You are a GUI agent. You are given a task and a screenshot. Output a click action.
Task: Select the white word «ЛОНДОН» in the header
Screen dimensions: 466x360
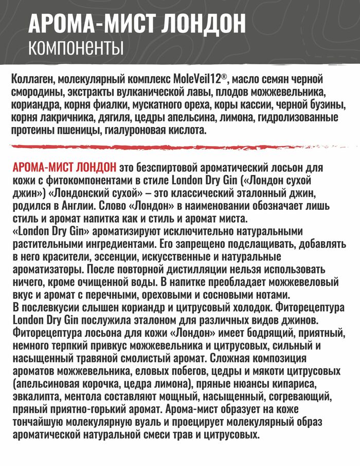[205, 24]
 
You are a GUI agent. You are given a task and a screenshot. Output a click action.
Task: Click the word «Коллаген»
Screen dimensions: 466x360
[31, 80]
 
